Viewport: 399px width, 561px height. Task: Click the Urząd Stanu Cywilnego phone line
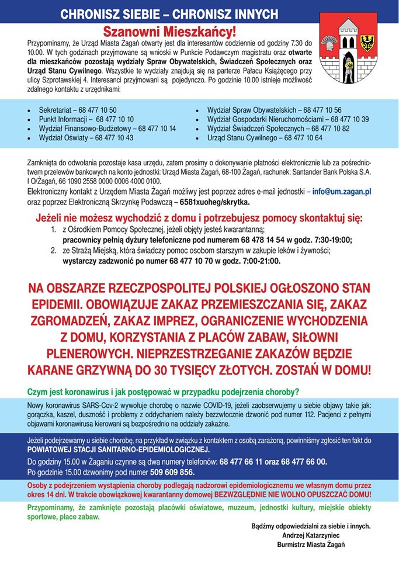point(265,138)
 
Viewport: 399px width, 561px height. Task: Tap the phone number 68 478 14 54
point(245,240)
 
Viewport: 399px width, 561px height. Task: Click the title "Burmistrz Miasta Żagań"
point(312,544)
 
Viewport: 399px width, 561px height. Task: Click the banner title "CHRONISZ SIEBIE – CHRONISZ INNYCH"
point(169,13)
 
